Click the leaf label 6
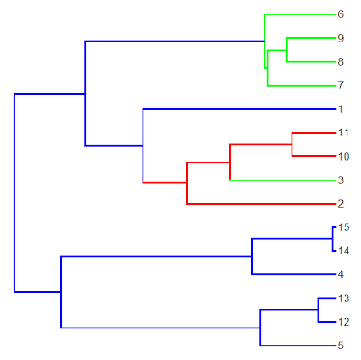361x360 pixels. pos(340,14)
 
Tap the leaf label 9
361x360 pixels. pos(340,38)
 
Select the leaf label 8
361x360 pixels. pos(340,62)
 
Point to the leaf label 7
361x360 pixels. pos(340,86)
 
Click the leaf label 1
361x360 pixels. pos(340,109)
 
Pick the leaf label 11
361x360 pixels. pos(344,133)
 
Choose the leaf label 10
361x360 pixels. pos(344,156)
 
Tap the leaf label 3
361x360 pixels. pos(340,180)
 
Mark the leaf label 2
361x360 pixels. pos(340,204)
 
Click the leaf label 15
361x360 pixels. pos(344,227)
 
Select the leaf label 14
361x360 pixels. pos(344,251)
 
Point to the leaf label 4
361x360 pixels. pos(340,274)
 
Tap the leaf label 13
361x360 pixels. pos(344,299)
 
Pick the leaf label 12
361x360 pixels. pos(344,322)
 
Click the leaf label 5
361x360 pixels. pos(340,346)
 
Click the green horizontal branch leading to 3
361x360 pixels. pos(282,180)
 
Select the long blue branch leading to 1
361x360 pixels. pos(239,109)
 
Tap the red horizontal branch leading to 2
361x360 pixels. pos(261,204)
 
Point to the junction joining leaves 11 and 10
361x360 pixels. pos(292,144)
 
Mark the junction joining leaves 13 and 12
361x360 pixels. pos(318,310)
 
